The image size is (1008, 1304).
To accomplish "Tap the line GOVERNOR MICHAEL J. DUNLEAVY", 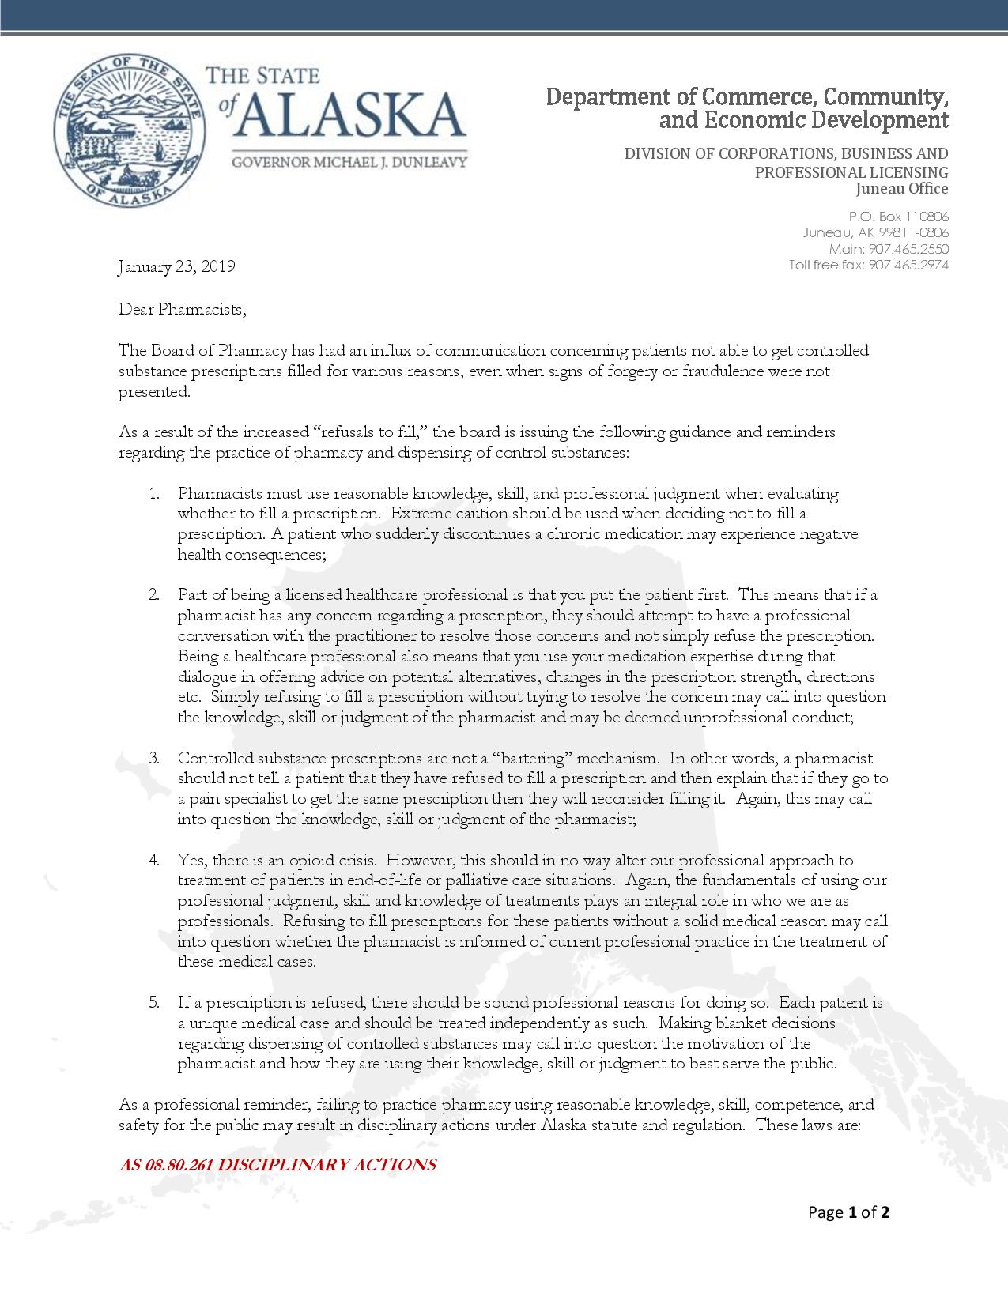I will (349, 162).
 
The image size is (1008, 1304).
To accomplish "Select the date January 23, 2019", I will (176, 266).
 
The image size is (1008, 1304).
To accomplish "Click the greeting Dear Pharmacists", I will (182, 309).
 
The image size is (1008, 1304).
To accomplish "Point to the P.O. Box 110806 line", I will (898, 217).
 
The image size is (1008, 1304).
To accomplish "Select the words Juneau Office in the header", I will (902, 189).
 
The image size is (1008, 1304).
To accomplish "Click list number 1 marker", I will (153, 494).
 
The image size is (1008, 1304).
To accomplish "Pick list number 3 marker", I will (153, 759).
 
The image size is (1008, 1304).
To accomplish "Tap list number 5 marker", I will (153, 1003).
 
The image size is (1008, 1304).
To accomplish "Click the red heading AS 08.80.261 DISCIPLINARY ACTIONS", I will (277, 1165).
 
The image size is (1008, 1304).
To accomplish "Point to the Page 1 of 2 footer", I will (848, 1212).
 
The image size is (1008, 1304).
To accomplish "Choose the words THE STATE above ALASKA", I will (262, 76).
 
